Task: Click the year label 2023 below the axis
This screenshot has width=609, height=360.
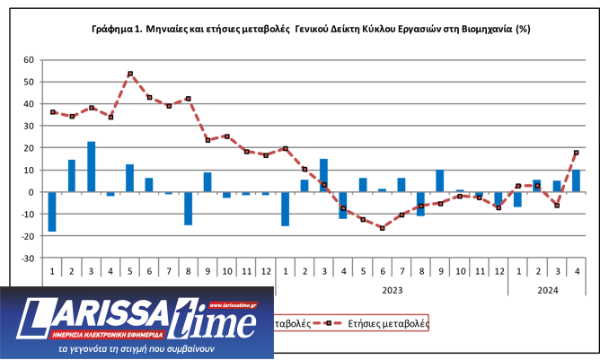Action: (x=392, y=289)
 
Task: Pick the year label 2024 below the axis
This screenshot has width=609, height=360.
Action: (x=546, y=289)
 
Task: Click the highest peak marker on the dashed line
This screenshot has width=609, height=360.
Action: (x=130, y=74)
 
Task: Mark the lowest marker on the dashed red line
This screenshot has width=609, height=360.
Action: (x=382, y=228)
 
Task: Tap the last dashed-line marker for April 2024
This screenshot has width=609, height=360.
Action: (x=576, y=153)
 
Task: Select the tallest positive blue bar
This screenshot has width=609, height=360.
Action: (x=91, y=167)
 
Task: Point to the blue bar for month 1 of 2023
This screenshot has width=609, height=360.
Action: (x=285, y=208)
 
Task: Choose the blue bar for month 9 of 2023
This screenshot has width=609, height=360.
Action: (x=440, y=181)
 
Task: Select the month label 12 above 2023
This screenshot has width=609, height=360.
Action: (x=499, y=271)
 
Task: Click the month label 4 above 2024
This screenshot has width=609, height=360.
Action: (x=576, y=271)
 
